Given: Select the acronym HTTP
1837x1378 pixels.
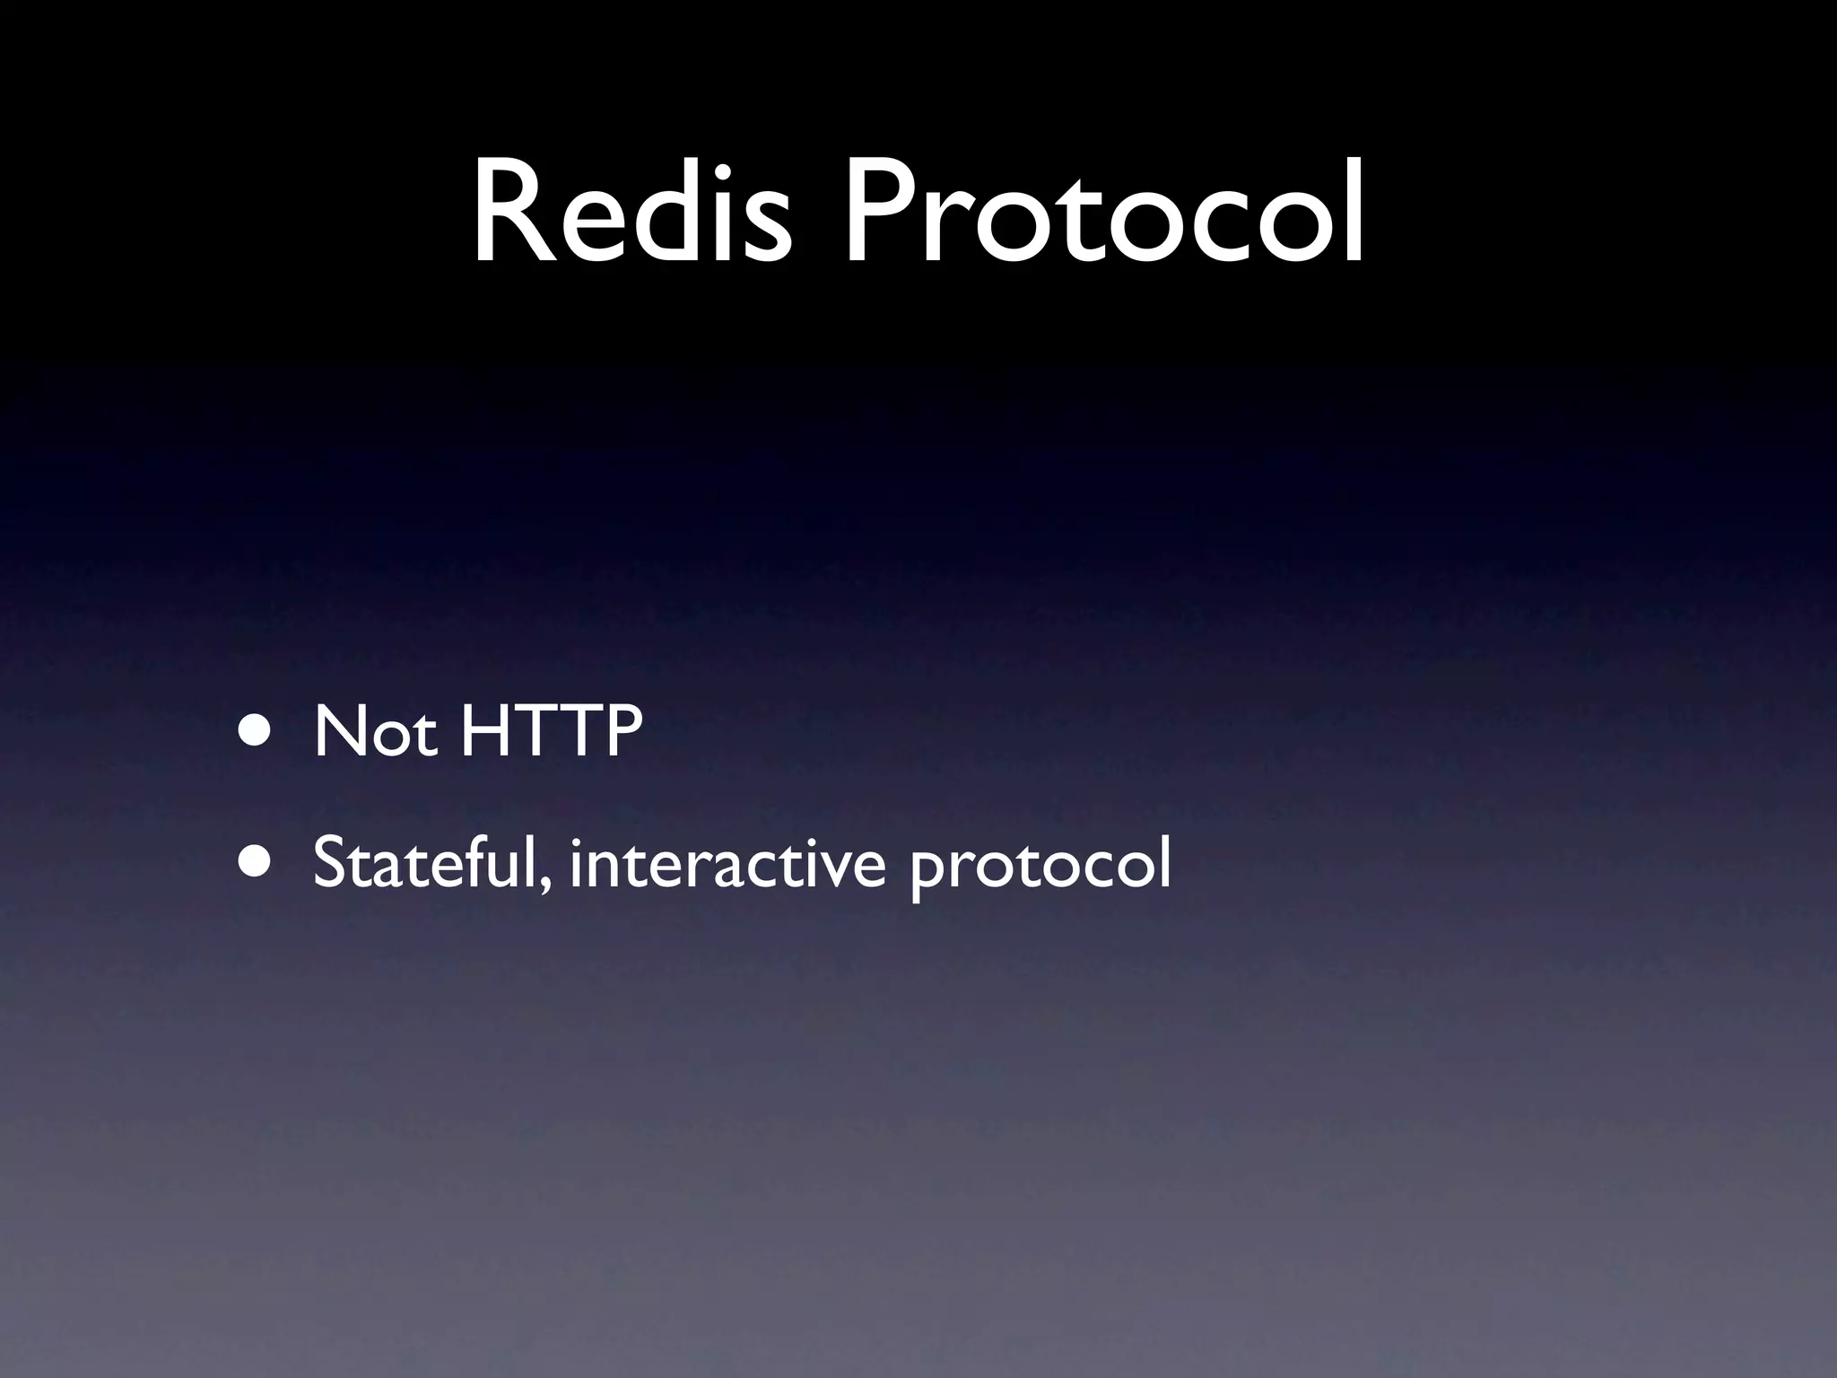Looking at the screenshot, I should pos(551,732).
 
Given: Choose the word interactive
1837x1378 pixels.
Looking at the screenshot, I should pos(727,863).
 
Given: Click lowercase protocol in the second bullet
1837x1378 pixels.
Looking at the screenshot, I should pos(1040,870).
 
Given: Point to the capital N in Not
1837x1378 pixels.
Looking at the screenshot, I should pos(339,732).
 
